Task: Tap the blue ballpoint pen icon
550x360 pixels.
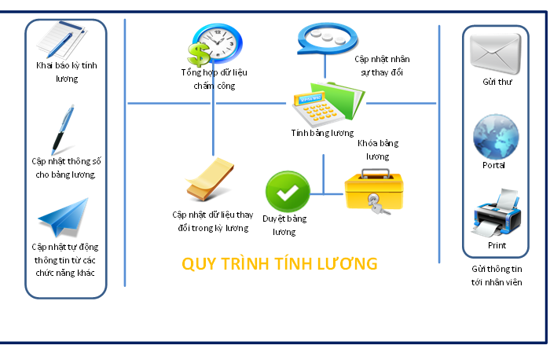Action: point(63,129)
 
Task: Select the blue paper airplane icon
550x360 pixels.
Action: point(64,217)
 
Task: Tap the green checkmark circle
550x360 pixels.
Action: point(283,190)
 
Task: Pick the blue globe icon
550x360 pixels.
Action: point(495,137)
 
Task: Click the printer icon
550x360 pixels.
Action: point(495,213)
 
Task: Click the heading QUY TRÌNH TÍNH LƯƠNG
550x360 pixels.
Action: point(280,263)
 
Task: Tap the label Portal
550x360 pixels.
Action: point(494,166)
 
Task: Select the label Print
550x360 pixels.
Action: point(497,246)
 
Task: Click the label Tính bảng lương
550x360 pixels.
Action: point(322,134)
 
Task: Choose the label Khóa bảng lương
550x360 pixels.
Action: point(377,150)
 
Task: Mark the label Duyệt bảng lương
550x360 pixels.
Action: point(284,225)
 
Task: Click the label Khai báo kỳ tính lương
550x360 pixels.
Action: point(67,72)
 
